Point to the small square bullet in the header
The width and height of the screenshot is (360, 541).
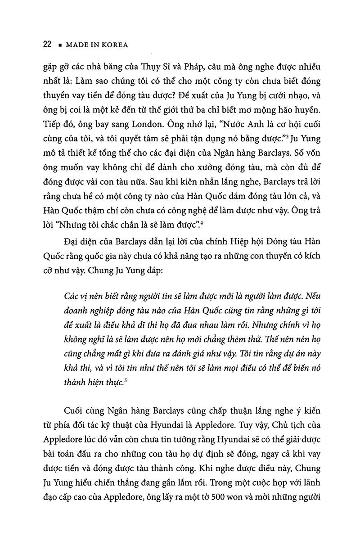click(x=59, y=45)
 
